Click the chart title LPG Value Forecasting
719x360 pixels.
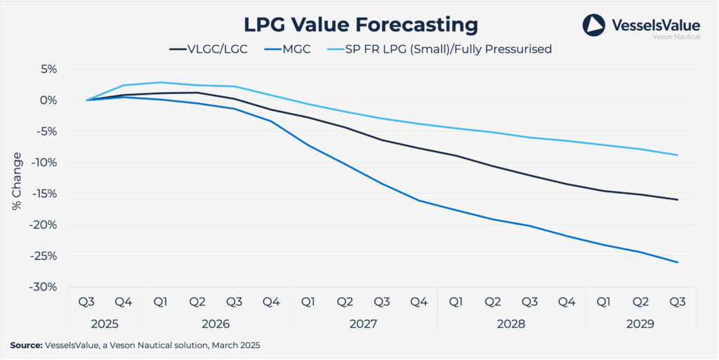(360, 24)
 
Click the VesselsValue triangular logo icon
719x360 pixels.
(593, 25)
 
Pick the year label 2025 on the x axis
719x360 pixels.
(105, 324)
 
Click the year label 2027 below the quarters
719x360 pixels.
(363, 324)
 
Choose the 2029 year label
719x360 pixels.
(640, 324)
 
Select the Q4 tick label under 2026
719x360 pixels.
(271, 302)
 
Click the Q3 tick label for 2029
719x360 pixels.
(678, 302)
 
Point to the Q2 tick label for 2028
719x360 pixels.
(493, 302)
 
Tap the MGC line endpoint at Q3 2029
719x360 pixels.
(678, 262)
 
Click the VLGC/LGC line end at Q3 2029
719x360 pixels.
(678, 200)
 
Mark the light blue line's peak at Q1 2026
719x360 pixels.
(160, 82)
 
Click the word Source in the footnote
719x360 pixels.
(25, 345)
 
